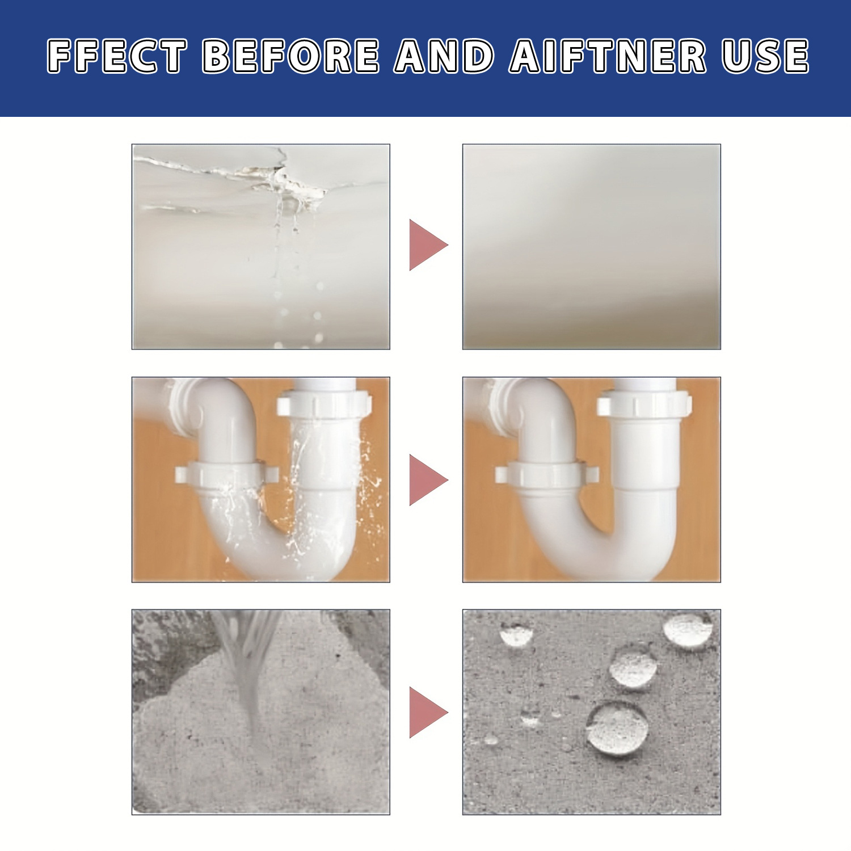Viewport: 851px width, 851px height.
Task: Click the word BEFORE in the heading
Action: point(291,56)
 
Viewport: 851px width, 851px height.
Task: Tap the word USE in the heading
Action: point(765,56)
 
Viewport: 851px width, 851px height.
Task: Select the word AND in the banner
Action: point(444,56)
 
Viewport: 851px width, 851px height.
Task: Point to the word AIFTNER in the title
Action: point(608,56)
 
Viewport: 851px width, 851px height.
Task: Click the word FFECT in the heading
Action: point(117,56)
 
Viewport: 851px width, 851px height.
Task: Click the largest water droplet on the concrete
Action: point(617,728)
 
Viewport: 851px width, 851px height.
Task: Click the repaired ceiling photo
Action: point(591,247)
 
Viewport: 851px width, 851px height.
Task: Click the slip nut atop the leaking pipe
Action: point(323,405)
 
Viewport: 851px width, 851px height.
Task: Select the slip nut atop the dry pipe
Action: point(644,405)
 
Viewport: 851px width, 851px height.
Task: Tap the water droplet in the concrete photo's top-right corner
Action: point(688,631)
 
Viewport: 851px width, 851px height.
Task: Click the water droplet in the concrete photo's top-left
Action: point(516,633)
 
